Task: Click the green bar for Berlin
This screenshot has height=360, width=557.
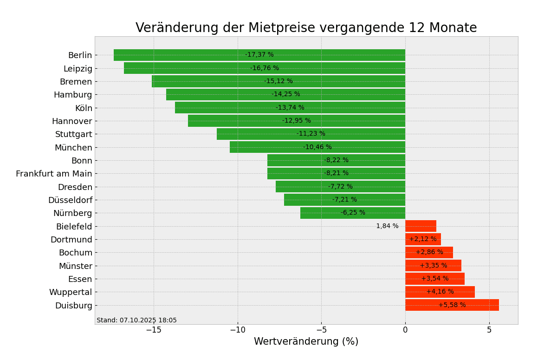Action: pos(186,55)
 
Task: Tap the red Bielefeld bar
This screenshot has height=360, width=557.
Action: pos(421,226)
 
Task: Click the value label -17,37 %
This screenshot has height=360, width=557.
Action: pos(259,55)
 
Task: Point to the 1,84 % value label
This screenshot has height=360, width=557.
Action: pos(387,226)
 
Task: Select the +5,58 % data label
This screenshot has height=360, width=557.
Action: pos(452,305)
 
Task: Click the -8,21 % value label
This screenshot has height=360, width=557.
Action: pos(336,173)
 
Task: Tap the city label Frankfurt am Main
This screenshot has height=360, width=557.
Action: pos(54,174)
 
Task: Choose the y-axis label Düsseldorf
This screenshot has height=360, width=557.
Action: pos(70,200)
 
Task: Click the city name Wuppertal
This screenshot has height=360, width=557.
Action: pos(71,292)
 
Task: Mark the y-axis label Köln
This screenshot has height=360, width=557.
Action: pos(84,108)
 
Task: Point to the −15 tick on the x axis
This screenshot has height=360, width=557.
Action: pos(154,330)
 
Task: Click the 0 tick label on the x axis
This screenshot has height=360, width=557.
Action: pos(405,330)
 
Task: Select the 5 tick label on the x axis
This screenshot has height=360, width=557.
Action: pos(489,330)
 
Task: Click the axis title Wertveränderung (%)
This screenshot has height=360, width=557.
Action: pos(306,342)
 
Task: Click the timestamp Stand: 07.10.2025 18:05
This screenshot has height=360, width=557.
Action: pos(136,321)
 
